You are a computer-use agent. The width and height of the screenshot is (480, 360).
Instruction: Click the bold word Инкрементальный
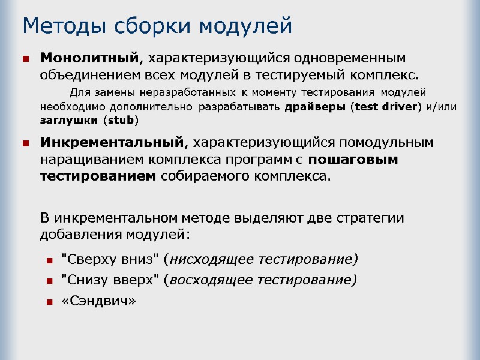click(x=112, y=143)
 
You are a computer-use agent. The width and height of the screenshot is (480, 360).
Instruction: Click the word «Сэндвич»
click(x=99, y=302)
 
